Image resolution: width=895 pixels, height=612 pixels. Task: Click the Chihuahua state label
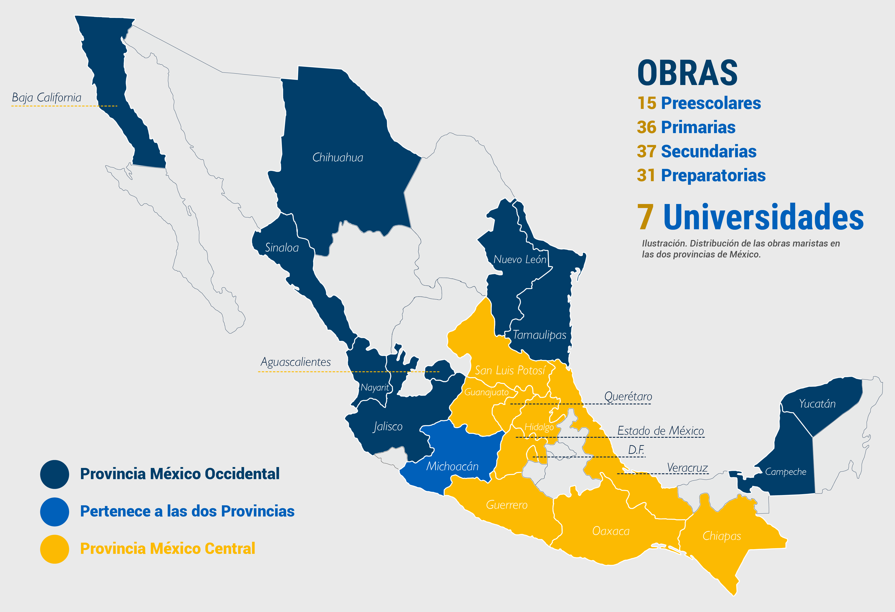337,157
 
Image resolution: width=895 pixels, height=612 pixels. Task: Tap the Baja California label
47,98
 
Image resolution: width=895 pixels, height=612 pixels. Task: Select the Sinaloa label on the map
282,248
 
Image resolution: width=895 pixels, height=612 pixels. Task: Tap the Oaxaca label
611,531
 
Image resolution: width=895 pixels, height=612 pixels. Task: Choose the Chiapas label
721,536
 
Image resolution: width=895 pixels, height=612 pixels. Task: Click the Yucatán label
817,404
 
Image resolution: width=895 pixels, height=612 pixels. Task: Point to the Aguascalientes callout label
295,362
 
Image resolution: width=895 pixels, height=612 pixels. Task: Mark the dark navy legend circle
55,474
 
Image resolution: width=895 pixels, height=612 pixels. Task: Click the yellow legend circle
55,549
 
